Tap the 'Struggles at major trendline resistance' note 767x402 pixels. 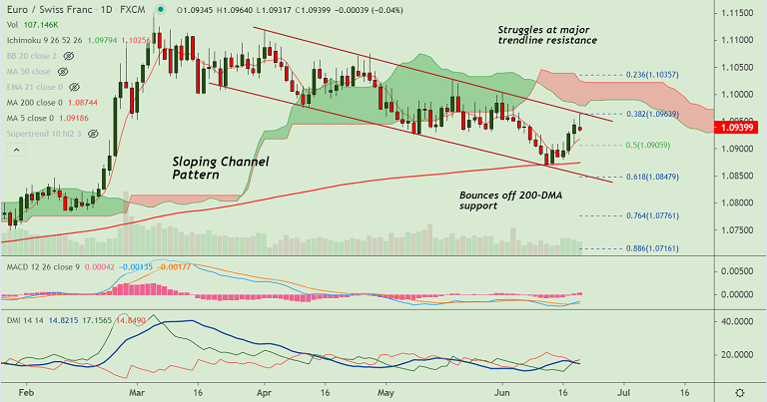click(x=546, y=35)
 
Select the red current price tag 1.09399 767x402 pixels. click(x=738, y=129)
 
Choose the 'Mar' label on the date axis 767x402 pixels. click(x=136, y=394)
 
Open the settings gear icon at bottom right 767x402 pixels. click(x=739, y=393)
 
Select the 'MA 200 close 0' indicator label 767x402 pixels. click(x=35, y=103)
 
